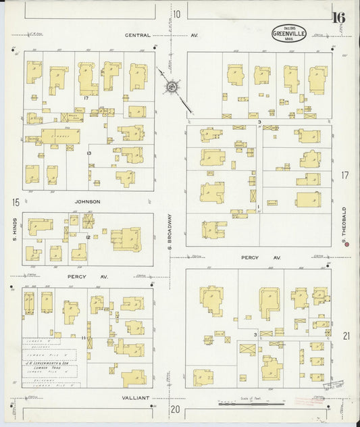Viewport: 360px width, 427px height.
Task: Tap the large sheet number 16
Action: (x=338, y=18)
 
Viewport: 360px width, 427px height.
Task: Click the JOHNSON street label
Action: (x=88, y=201)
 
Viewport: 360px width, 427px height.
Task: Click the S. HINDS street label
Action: (x=14, y=230)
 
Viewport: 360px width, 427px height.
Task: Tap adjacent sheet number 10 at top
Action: (x=177, y=14)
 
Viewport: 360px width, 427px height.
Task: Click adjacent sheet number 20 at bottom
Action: (x=176, y=409)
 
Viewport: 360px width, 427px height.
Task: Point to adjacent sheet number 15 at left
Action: (x=14, y=201)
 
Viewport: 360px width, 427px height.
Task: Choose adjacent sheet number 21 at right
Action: (x=346, y=336)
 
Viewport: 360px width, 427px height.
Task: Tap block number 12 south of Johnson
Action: (x=88, y=237)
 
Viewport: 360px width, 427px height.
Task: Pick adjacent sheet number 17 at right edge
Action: (x=345, y=175)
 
